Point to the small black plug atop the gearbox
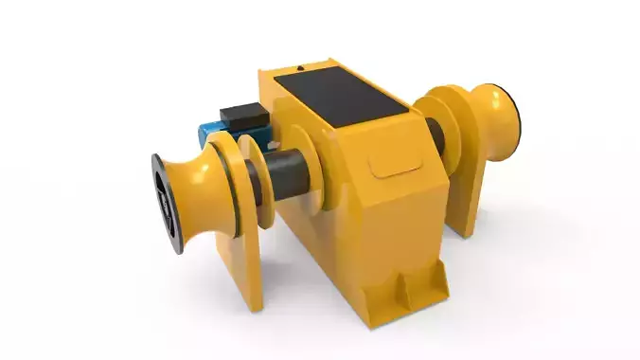tap(300, 68)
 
